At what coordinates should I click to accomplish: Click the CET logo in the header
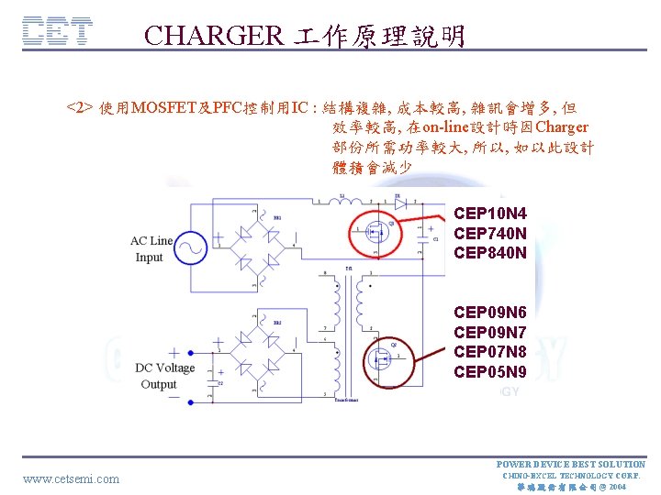click(57, 32)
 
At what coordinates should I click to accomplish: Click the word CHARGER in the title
click(214, 36)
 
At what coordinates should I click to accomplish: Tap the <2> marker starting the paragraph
click(79, 107)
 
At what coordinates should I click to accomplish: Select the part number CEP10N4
click(490, 214)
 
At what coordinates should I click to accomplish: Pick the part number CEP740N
click(490, 233)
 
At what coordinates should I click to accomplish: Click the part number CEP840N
click(490, 252)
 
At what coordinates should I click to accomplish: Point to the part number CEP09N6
click(490, 313)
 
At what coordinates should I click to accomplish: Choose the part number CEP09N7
click(490, 332)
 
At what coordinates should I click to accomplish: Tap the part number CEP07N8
click(490, 352)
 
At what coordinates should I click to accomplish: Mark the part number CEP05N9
click(490, 371)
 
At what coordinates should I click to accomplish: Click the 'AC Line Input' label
click(151, 248)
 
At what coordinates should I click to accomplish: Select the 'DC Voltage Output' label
click(164, 375)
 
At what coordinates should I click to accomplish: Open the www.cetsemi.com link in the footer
click(71, 478)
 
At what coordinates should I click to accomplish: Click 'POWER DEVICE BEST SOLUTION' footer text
click(570, 464)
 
